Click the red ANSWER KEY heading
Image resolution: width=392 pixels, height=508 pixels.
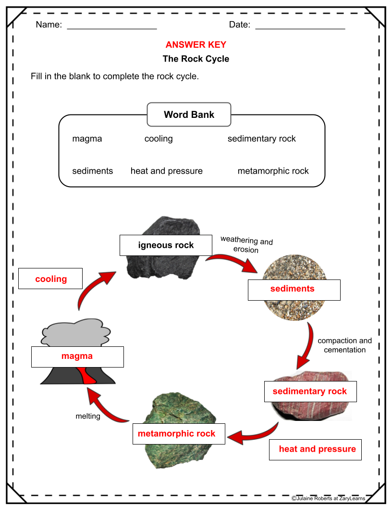click(x=196, y=45)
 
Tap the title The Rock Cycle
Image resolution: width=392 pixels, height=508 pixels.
click(x=196, y=59)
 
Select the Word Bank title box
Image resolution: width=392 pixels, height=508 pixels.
click(x=189, y=114)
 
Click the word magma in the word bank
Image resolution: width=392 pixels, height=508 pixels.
click(x=87, y=139)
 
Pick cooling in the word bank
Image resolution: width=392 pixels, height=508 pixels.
click(x=159, y=139)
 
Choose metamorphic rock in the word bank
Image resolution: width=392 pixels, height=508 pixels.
click(x=273, y=171)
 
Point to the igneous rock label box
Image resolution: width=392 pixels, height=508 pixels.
click(x=166, y=245)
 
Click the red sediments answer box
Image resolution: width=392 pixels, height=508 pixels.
click(x=294, y=289)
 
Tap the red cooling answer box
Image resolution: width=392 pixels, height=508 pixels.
click(x=50, y=279)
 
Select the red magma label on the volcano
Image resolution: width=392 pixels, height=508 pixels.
click(x=77, y=356)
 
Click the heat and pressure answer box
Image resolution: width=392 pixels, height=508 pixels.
click(x=315, y=449)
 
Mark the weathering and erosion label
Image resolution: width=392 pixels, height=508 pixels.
click(x=246, y=244)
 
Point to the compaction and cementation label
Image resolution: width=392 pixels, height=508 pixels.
click(x=344, y=345)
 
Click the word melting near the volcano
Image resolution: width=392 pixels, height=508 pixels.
click(x=88, y=416)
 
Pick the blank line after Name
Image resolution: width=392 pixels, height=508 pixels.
click(x=112, y=27)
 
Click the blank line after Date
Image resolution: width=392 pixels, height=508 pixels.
click(x=300, y=27)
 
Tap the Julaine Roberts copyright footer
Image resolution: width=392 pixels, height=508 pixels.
click(x=328, y=499)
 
